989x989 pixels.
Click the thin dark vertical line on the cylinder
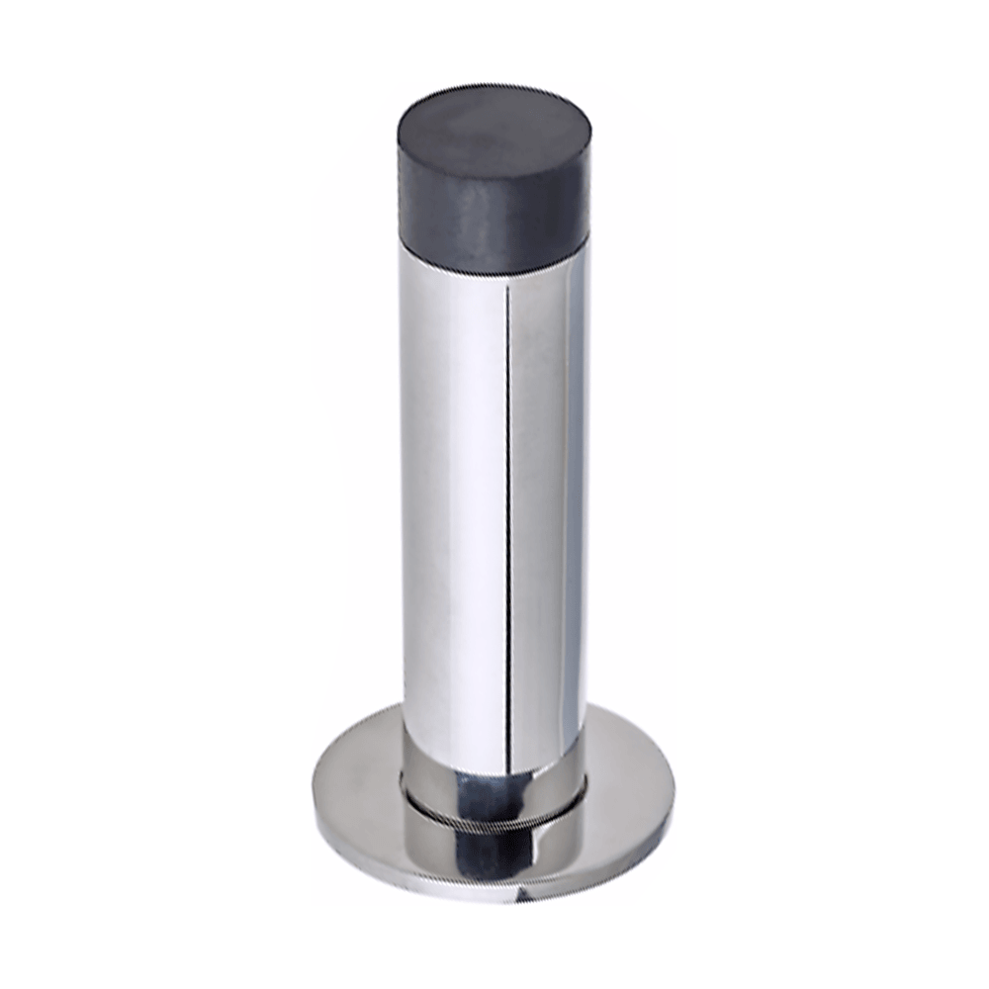pyautogui.click(x=508, y=494)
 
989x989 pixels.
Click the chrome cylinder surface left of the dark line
pyautogui.click(x=450, y=494)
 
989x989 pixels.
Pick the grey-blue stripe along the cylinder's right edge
pyautogui.click(x=573, y=494)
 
